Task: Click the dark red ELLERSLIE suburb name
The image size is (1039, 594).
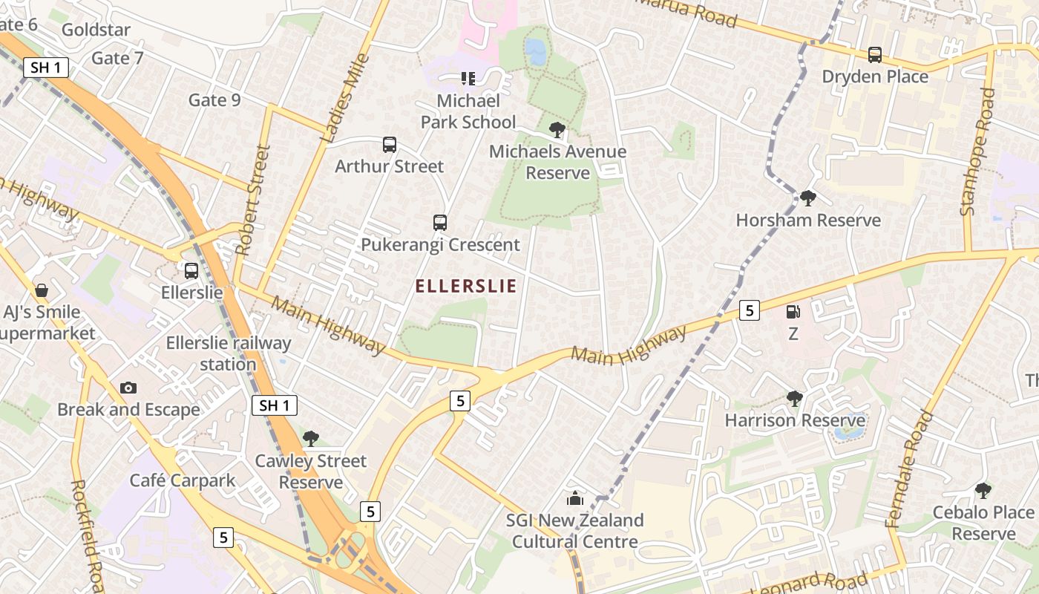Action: coord(465,287)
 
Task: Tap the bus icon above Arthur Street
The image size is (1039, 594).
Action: coord(390,145)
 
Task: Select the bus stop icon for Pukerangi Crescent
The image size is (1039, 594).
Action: coord(440,222)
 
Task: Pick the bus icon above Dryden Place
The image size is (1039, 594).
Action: coord(875,54)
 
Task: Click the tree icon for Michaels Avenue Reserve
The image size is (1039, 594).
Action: coord(557,130)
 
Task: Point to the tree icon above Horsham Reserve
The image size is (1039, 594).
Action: coord(808,198)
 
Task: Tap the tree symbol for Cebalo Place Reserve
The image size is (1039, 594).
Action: coord(983,490)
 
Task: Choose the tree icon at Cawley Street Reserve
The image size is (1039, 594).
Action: coord(311,439)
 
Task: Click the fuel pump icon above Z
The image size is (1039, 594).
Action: coord(793,313)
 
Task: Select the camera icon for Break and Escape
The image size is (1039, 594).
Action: coord(128,388)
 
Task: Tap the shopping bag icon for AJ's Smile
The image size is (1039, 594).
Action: coord(42,290)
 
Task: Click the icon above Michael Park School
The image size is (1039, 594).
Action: coord(468,78)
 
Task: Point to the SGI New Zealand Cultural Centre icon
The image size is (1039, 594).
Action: coord(575,498)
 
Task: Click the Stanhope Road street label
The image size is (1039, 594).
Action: coord(977,152)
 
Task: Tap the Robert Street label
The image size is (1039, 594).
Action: coord(253,200)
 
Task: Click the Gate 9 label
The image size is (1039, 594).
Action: coord(214,99)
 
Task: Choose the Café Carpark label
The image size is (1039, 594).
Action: coord(183,480)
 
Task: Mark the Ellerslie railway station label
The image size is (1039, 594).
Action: coord(229,353)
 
